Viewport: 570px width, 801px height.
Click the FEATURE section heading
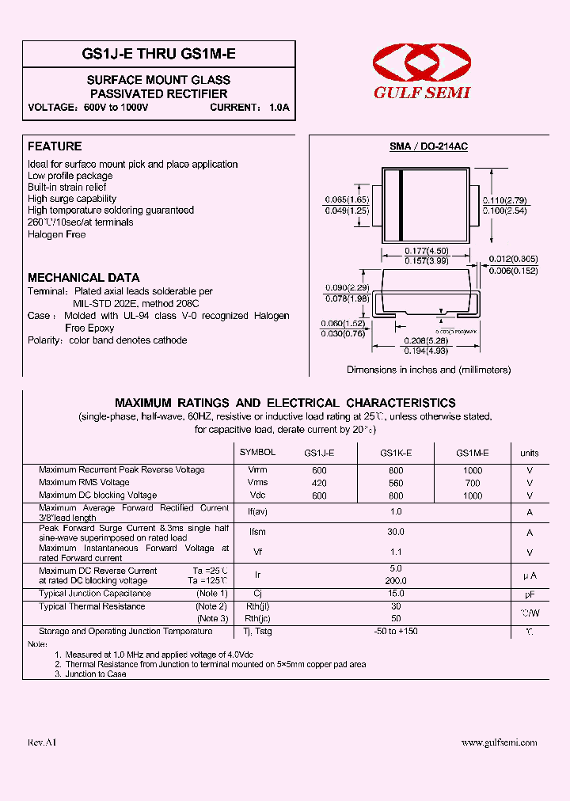(x=55, y=146)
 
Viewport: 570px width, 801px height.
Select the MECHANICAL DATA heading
(x=83, y=278)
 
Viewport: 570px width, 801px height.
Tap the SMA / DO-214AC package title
(x=428, y=147)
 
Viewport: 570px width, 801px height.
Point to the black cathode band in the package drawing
(x=401, y=205)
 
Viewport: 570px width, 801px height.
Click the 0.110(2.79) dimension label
(x=505, y=200)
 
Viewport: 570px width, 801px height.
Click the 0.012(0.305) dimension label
(x=512, y=259)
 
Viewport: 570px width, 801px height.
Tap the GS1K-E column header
(x=396, y=453)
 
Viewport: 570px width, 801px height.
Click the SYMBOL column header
(x=257, y=452)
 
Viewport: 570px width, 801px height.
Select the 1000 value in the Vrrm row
(x=472, y=470)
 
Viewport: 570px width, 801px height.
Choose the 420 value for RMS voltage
(x=319, y=483)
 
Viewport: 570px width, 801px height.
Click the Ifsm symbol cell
(x=257, y=533)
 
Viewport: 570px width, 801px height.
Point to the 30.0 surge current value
(x=396, y=533)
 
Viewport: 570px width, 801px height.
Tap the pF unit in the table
(x=530, y=594)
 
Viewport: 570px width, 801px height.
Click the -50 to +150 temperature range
(x=396, y=632)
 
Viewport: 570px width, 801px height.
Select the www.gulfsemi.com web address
(x=499, y=742)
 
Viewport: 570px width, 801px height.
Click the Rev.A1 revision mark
(x=42, y=742)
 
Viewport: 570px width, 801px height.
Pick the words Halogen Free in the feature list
(x=56, y=234)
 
